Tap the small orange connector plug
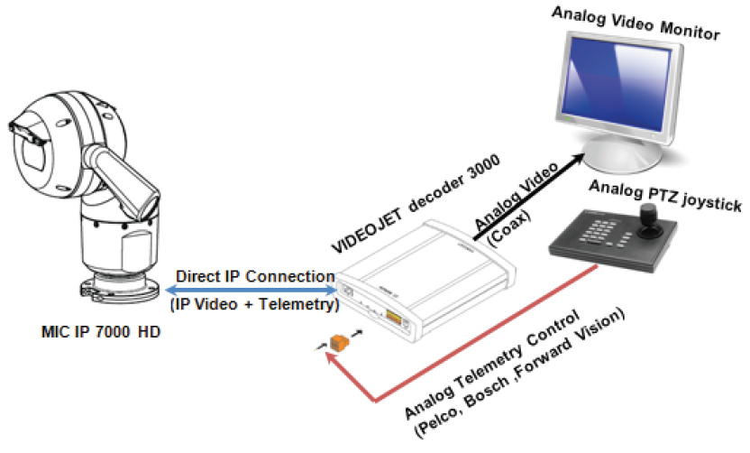pyautogui.click(x=339, y=343)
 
